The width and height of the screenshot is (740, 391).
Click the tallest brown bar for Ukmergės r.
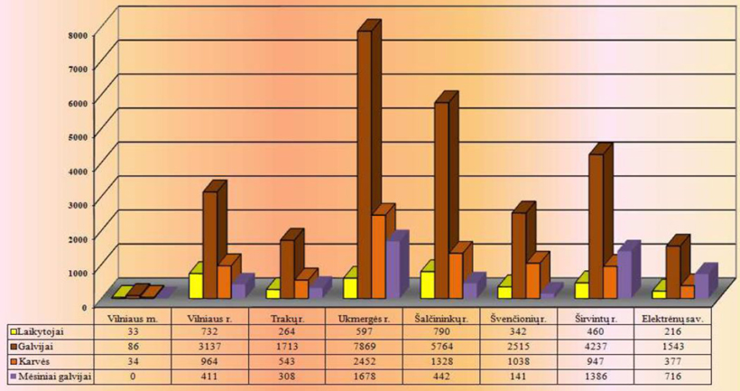(x=365, y=163)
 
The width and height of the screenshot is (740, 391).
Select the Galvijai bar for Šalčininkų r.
(x=441, y=194)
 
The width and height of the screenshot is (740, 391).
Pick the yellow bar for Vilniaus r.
(x=195, y=285)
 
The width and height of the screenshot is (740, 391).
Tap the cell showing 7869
(x=364, y=346)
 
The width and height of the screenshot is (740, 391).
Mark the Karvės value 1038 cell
(x=516, y=360)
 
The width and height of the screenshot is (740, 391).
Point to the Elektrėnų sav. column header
(x=671, y=318)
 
